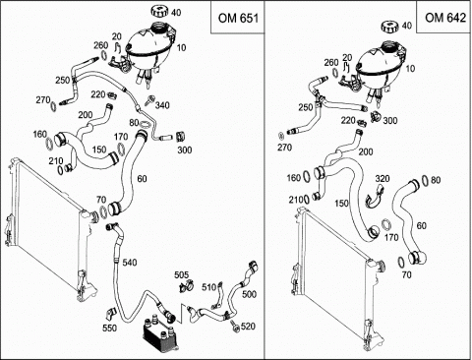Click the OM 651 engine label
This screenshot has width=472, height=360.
click(x=238, y=19)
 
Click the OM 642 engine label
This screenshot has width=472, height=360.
click(x=445, y=18)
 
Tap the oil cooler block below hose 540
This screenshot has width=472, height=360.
click(x=158, y=331)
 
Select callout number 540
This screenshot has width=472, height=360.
click(x=130, y=263)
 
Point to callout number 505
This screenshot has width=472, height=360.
click(x=181, y=274)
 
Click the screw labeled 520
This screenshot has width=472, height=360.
click(x=235, y=327)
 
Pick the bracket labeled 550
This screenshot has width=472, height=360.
click(x=112, y=313)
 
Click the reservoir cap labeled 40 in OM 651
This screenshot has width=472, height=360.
click(x=160, y=11)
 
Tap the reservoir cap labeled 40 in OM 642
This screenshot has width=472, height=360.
click(x=390, y=27)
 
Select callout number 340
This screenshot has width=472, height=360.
click(x=162, y=105)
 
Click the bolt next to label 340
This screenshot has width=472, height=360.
click(x=150, y=99)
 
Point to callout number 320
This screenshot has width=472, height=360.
click(x=383, y=178)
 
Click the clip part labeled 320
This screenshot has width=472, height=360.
click(x=375, y=197)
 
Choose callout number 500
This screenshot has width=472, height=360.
click(x=249, y=294)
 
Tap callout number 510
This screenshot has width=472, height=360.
click(x=208, y=287)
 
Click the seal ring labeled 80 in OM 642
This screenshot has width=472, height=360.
click(x=425, y=181)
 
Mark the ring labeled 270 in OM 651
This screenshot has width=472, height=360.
click(x=53, y=106)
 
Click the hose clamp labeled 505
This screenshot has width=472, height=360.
click(x=186, y=286)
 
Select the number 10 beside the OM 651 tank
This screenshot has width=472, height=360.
click(x=181, y=48)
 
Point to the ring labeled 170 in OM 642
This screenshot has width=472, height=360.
click(x=386, y=225)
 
